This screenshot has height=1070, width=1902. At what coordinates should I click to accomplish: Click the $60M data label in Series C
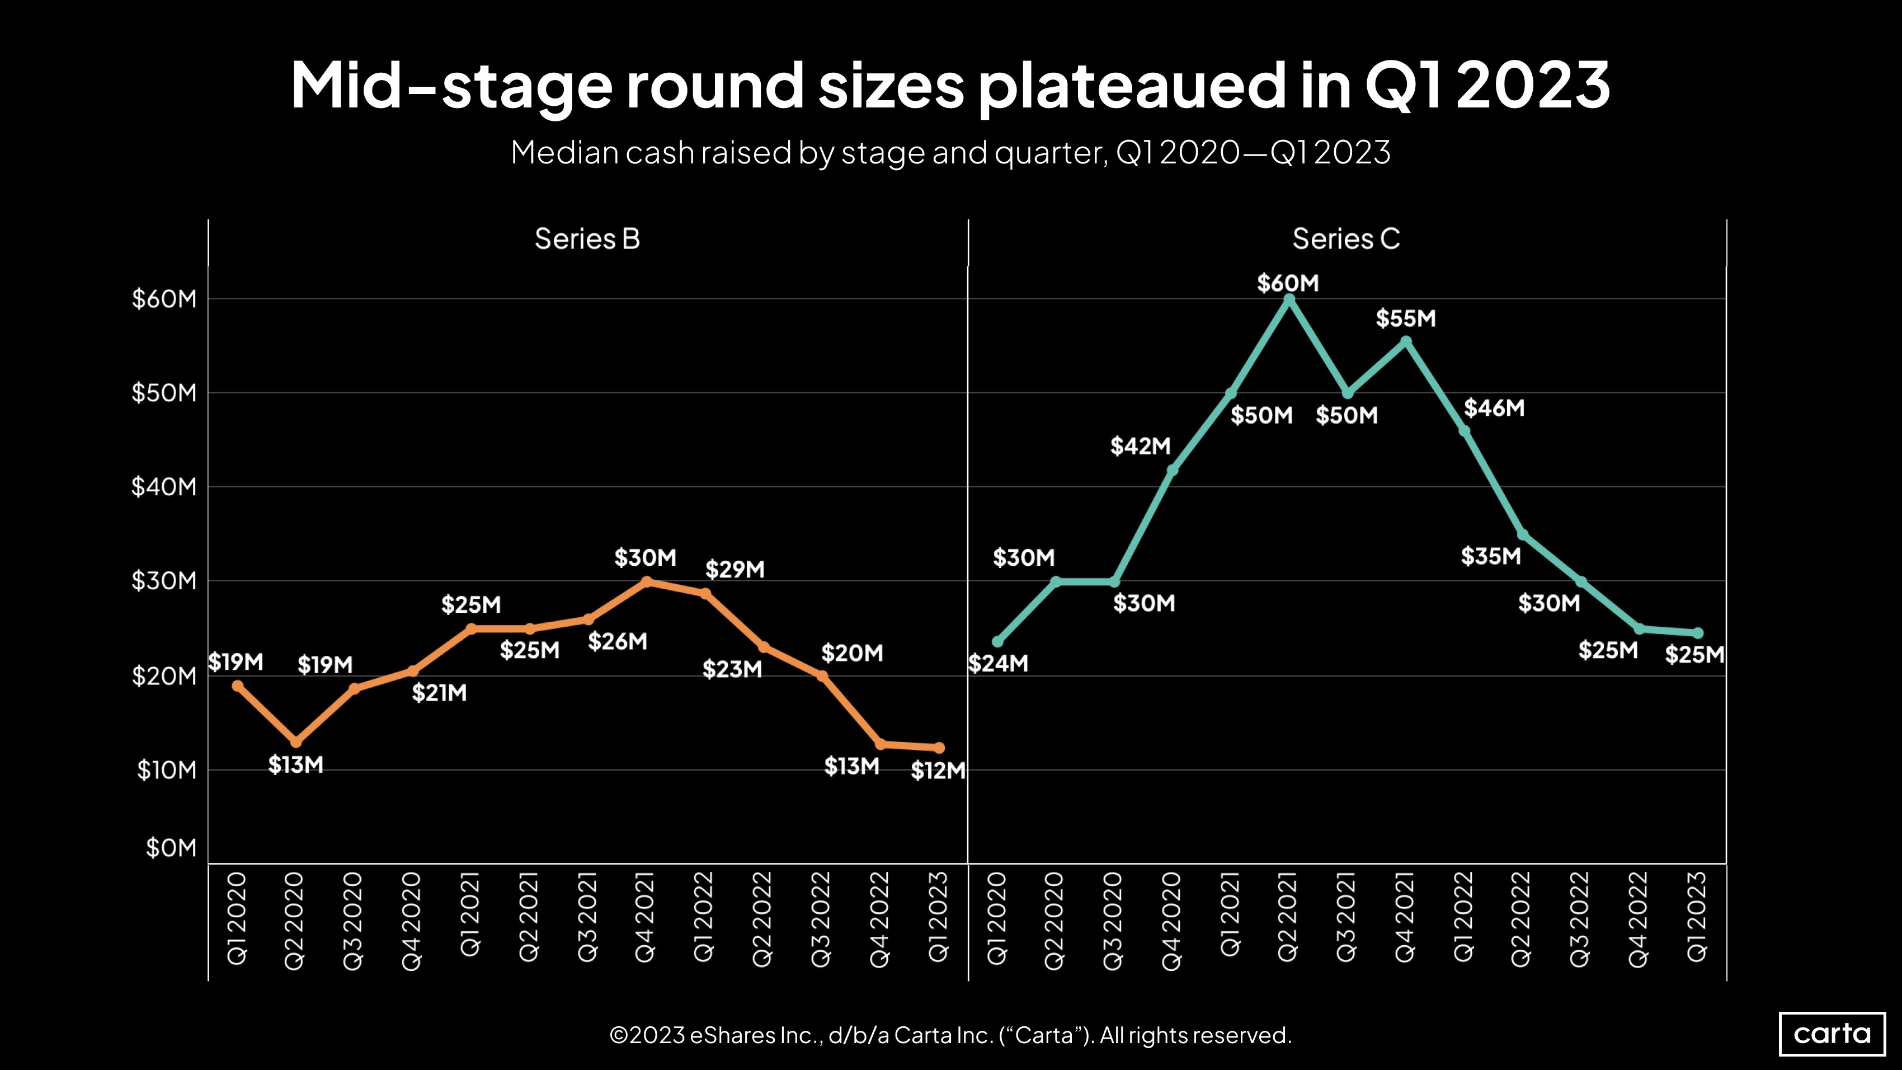(1288, 283)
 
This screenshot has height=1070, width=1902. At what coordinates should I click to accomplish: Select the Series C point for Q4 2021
(1406, 342)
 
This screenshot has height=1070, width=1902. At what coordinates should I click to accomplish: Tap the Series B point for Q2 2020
(296, 742)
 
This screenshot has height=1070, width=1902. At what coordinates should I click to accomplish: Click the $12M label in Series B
(938, 771)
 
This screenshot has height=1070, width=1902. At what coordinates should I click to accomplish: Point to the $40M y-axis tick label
(164, 487)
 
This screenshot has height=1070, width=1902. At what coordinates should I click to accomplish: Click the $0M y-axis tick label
(171, 848)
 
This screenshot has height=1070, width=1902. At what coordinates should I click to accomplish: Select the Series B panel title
(587, 238)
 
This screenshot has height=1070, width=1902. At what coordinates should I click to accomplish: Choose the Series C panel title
(1346, 238)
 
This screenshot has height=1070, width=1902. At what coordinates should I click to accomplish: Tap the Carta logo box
(1832, 1033)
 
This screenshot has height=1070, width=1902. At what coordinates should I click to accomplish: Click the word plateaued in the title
(1133, 86)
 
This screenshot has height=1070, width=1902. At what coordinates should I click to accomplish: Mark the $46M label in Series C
(1494, 407)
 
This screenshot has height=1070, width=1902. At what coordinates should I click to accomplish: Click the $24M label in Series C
(998, 663)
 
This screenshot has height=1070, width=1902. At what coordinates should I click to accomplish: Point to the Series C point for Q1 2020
(997, 642)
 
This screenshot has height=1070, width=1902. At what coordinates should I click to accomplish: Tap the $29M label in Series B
(735, 569)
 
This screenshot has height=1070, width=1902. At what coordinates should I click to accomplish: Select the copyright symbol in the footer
(619, 1035)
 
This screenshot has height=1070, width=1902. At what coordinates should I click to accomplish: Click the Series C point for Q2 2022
(1523, 534)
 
